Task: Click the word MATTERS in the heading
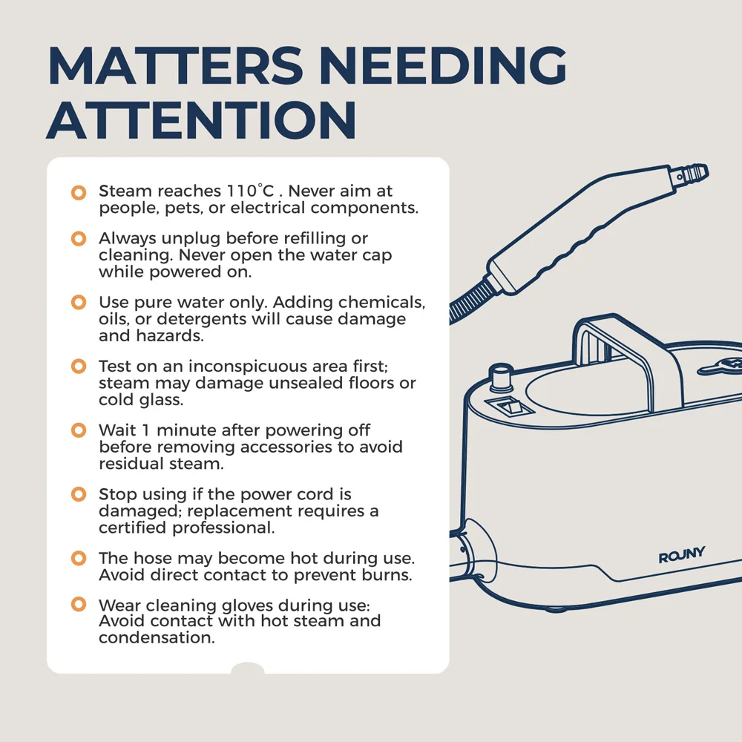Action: point(175,65)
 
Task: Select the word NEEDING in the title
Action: point(443,65)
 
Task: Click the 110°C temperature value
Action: point(250,191)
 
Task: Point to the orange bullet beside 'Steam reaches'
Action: point(79,192)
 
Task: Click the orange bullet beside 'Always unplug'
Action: point(79,238)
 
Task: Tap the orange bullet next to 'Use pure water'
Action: point(79,302)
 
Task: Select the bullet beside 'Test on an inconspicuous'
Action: point(79,366)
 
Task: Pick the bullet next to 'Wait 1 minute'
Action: point(79,430)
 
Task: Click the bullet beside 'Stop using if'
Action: point(79,494)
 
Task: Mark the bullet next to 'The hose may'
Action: point(79,558)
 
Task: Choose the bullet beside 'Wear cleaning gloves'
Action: point(79,604)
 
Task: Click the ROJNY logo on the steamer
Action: point(681,555)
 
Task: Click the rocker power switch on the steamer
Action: point(510,407)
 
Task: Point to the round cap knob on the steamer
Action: point(501,377)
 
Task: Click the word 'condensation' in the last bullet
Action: point(157,637)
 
